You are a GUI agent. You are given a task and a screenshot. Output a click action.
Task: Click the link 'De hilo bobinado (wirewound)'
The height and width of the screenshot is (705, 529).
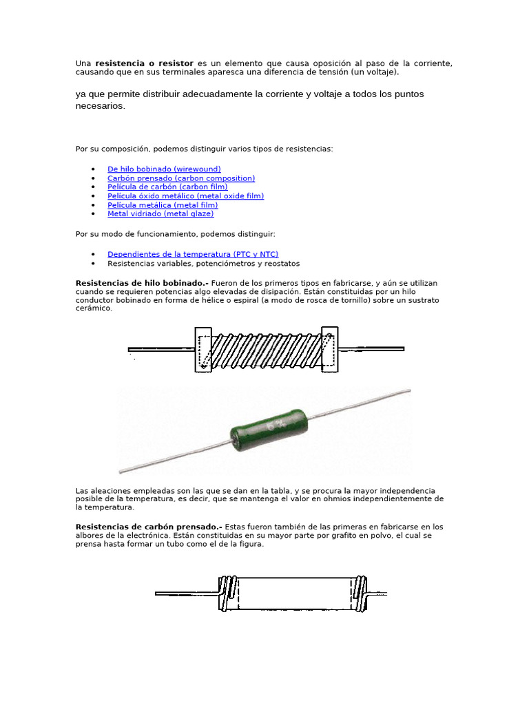point(164,169)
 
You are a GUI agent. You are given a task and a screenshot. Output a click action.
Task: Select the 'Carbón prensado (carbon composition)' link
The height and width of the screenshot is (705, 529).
point(181,178)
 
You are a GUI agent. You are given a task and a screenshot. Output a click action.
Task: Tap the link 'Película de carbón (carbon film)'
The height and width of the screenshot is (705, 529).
point(167,187)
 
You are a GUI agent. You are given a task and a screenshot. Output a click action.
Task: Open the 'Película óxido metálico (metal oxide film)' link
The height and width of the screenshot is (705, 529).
point(185,196)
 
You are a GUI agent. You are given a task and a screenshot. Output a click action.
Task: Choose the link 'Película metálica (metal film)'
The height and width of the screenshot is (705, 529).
point(163,204)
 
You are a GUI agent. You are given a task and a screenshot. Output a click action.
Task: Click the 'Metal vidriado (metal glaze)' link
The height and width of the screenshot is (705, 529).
point(160,213)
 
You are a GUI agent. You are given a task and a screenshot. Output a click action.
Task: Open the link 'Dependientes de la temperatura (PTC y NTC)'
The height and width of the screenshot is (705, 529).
point(193,254)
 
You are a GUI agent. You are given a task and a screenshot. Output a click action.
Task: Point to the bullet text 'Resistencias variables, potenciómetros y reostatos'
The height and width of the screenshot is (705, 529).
point(203,263)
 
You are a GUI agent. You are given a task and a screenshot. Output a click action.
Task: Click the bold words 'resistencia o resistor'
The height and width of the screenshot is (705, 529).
point(144,63)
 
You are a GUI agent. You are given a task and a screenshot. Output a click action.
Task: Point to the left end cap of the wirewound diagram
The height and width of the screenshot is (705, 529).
point(204,349)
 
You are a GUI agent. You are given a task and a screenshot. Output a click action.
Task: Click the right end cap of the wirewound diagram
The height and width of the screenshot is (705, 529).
point(330,349)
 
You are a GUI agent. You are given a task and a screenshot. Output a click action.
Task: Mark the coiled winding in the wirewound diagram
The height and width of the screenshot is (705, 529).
point(267,349)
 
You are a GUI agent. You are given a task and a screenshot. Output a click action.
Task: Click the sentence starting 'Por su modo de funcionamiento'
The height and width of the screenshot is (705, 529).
point(175,234)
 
